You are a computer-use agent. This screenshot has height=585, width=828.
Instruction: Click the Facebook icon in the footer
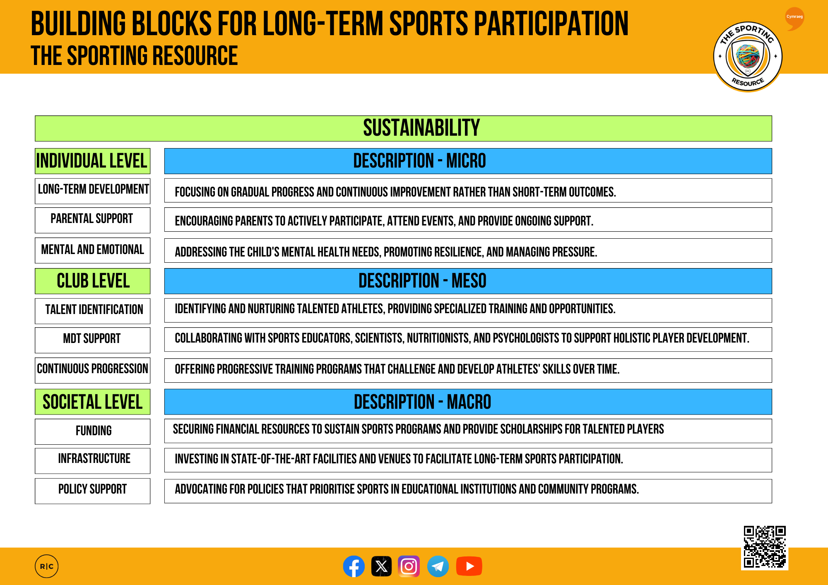354,566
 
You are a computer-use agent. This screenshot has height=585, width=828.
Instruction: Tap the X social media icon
381,566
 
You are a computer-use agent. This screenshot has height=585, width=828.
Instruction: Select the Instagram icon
409,566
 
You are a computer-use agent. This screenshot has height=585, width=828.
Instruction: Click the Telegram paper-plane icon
438,566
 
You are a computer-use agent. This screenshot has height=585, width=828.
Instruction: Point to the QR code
764,547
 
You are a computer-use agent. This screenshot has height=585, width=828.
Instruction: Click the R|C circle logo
46,566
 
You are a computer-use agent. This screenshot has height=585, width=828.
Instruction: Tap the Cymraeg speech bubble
794,18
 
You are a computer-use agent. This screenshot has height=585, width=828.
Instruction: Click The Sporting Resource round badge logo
748,56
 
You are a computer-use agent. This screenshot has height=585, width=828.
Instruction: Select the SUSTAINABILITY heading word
421,128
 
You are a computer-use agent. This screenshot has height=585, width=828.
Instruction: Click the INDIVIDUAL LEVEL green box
92,161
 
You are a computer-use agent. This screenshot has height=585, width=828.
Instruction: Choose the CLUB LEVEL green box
92,281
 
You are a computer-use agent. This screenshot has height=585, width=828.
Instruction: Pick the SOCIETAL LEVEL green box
92,402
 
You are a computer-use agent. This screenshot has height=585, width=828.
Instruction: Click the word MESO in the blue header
469,281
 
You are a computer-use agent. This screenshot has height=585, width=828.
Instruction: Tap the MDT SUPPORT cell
92,339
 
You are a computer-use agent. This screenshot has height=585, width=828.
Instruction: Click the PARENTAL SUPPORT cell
92,219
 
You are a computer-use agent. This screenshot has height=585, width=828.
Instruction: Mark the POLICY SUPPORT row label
92,489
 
